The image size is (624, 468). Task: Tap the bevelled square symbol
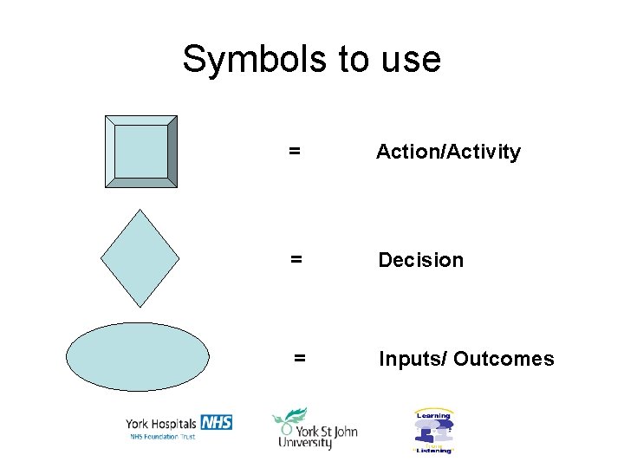(141, 152)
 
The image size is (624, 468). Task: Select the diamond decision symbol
(140, 257)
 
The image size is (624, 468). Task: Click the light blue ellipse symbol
(139, 357)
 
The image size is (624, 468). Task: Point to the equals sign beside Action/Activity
(295, 153)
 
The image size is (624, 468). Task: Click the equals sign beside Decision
(296, 260)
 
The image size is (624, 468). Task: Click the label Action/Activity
(448, 153)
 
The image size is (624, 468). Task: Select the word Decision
(420, 260)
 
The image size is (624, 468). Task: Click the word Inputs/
(412, 359)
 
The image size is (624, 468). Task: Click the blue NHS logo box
(216, 422)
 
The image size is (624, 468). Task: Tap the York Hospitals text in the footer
(161, 423)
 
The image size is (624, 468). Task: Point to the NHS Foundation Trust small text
(162, 436)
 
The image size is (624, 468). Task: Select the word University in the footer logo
(305, 443)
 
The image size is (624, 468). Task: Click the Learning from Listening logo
(433, 431)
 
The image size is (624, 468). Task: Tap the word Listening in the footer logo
(433, 451)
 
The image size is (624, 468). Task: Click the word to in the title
(354, 60)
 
